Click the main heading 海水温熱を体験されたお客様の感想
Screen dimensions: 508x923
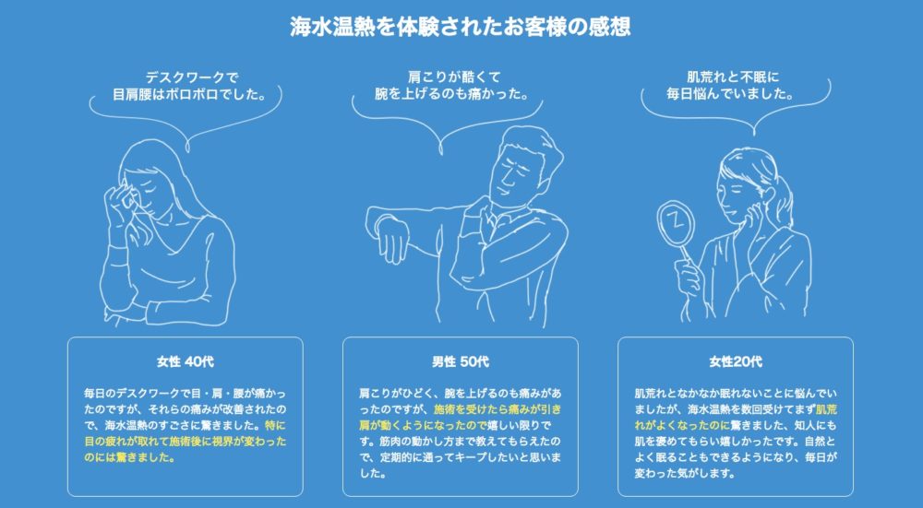click(x=461, y=26)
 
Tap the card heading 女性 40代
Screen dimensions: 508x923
click(x=186, y=360)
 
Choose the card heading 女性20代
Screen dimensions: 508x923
click(x=736, y=360)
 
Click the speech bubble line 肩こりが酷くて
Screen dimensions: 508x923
click(x=459, y=77)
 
